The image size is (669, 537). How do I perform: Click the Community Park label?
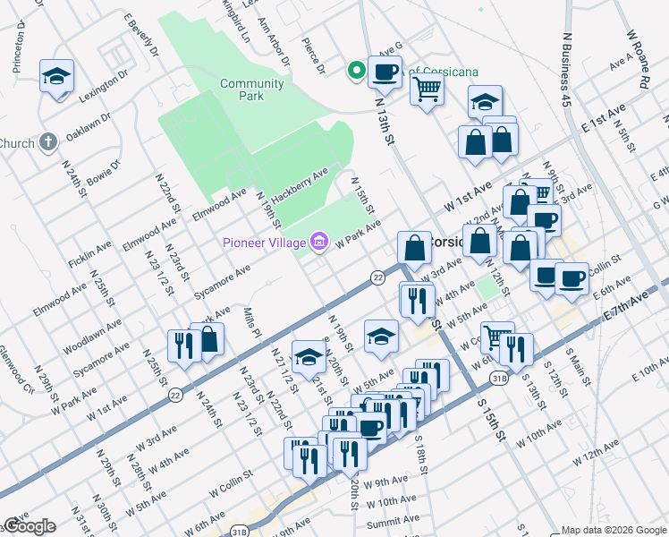[x=252, y=90]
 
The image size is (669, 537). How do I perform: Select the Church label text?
[x=16, y=143]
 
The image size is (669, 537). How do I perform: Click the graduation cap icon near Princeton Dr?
[x=56, y=76]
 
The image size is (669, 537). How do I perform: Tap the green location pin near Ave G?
[x=356, y=69]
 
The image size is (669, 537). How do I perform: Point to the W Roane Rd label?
[x=637, y=57]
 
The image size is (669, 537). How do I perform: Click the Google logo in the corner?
[x=29, y=526]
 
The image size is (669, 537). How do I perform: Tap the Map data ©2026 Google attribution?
[x=614, y=530]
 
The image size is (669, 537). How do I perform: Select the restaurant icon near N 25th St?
[x=183, y=346]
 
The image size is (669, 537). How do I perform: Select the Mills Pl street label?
[x=251, y=323]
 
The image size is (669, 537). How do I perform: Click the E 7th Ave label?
[x=626, y=306]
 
